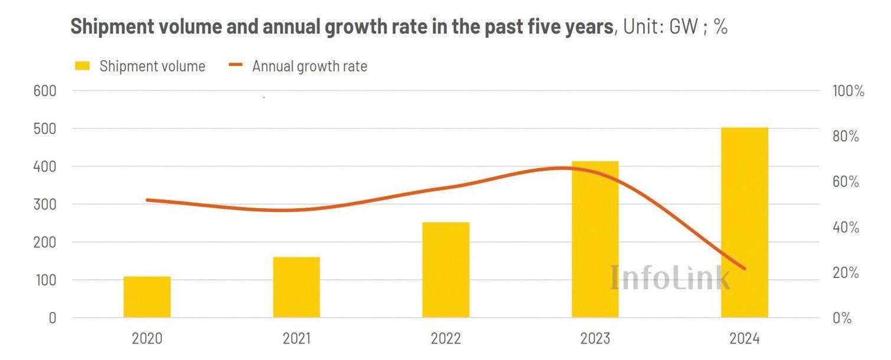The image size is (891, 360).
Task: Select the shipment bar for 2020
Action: (147, 297)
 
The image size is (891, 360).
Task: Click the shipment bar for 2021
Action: (296, 287)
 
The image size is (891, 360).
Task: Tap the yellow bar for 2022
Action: (446, 270)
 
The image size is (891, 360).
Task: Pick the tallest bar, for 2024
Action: (745, 222)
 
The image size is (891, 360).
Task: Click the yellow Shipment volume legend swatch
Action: (82, 66)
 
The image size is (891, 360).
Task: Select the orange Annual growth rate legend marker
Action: (236, 66)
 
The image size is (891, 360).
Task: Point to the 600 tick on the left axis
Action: (44, 91)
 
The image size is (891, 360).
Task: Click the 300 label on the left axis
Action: (44, 204)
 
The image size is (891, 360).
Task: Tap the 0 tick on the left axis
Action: (52, 318)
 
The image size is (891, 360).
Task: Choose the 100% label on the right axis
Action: (848, 91)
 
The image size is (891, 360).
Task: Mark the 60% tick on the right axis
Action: (846, 182)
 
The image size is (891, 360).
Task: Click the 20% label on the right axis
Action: (846, 273)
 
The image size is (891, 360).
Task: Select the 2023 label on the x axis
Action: (595, 339)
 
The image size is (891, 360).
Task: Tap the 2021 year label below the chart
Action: (296, 339)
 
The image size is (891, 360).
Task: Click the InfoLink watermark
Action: (670, 277)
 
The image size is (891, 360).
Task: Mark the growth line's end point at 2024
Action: (745, 269)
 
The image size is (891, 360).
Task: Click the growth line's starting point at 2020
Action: (147, 200)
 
